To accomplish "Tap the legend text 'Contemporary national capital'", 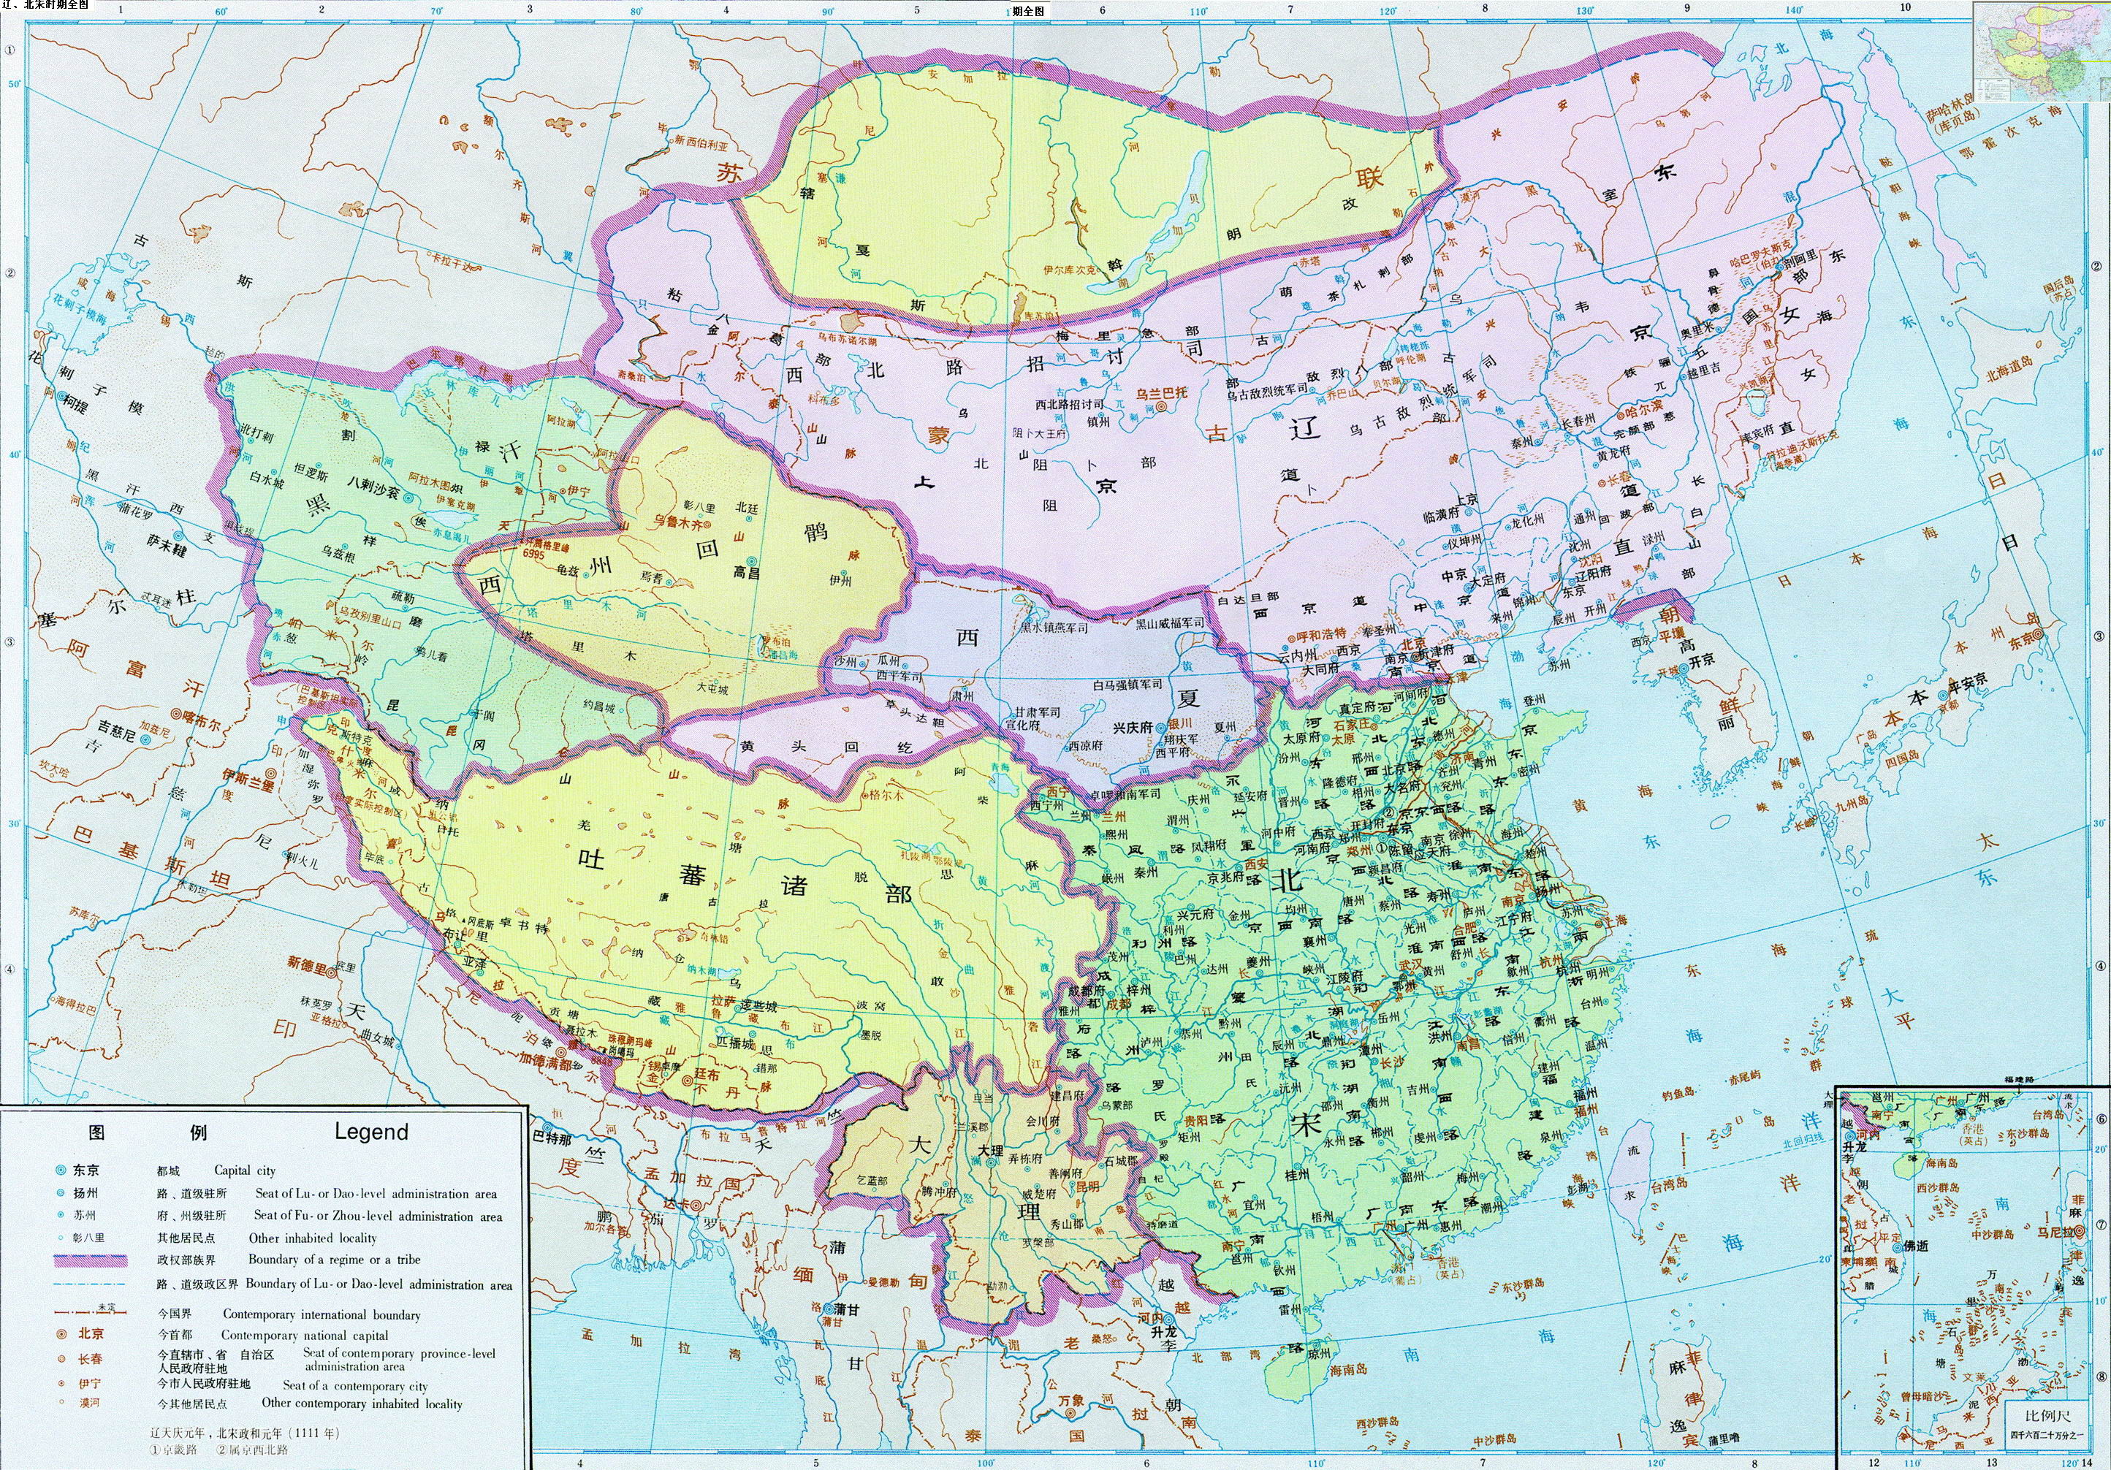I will [304, 1335].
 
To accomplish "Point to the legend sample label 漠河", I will [89, 1403].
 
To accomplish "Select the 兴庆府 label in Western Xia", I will [1133, 726].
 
